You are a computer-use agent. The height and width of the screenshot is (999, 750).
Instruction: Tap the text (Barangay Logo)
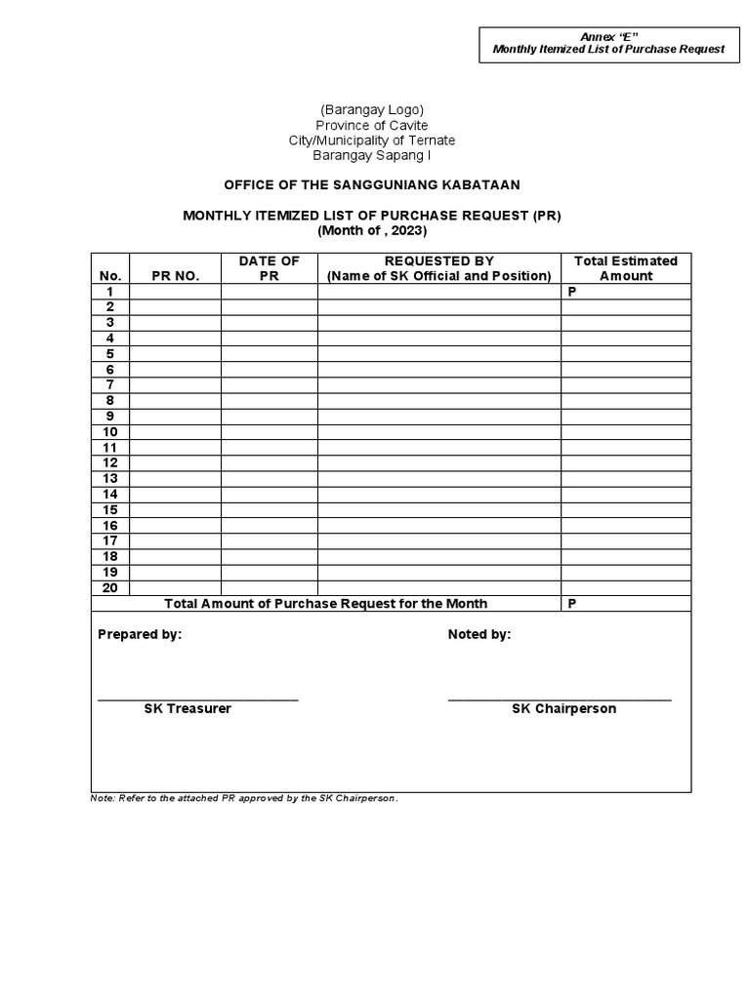371,109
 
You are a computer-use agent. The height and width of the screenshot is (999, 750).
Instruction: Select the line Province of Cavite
371,125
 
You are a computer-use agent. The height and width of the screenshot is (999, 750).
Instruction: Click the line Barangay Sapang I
371,155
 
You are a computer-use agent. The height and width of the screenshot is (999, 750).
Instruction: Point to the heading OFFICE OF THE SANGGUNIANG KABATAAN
372,185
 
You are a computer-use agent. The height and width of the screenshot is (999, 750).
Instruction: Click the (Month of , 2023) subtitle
372,231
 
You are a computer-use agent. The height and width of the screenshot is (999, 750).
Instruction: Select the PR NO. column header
176,276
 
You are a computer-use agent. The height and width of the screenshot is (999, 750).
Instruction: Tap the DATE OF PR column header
269,268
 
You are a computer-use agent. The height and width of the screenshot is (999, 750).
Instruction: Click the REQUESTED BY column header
438,260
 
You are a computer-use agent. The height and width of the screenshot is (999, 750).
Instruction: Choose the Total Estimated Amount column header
625,268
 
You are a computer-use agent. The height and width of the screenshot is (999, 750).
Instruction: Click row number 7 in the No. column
110,384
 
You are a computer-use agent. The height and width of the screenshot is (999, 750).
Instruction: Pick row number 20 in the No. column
110,587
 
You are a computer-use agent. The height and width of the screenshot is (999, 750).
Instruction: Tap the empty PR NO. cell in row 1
176,292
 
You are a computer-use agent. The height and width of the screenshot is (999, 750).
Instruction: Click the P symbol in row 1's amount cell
572,292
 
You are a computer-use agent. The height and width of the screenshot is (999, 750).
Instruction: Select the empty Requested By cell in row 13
438,478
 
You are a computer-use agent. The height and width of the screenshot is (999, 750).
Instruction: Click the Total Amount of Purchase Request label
326,604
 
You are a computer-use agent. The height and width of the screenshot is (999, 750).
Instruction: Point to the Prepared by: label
139,634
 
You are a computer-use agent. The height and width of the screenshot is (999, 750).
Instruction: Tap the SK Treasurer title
187,708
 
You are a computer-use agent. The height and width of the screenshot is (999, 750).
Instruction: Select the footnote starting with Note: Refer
244,798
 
